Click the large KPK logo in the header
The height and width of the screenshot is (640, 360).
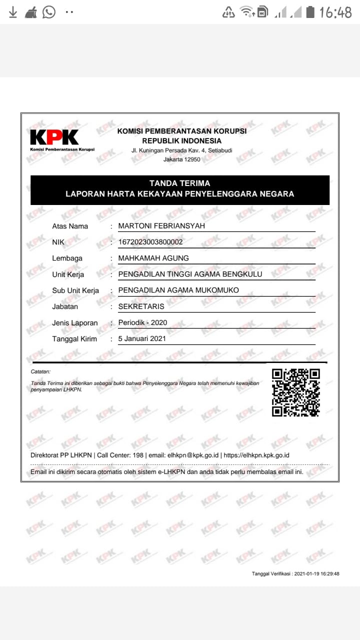[x=54, y=137]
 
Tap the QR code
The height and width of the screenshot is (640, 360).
[x=295, y=392]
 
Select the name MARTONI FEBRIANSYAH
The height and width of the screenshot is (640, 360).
[x=161, y=226]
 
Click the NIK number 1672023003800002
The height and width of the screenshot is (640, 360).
[x=150, y=242]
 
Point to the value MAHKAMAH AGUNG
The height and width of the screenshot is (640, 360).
[x=153, y=258]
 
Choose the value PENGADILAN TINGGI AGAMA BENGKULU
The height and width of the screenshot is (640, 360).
[x=190, y=274]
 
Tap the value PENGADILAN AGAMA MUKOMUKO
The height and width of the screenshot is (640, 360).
[x=178, y=290]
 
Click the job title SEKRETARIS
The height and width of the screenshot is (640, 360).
[x=141, y=306]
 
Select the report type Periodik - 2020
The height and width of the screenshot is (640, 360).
[x=142, y=322]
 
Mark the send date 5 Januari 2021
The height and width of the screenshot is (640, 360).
[x=142, y=338]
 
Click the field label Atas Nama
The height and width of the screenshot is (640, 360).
[x=70, y=226]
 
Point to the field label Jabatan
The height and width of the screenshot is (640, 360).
[x=65, y=306]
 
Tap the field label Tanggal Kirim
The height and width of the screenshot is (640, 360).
[x=74, y=339]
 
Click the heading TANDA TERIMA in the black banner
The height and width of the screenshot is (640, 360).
[x=179, y=183]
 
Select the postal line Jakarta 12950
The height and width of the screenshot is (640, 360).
[x=181, y=159]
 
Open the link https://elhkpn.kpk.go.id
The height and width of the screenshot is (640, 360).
[x=256, y=455]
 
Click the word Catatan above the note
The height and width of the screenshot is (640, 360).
[x=40, y=371]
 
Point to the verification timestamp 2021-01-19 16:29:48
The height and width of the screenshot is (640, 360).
[x=317, y=573]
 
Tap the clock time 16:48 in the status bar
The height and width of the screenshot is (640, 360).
[x=335, y=12]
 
